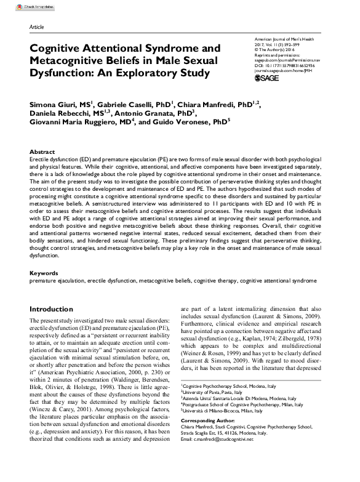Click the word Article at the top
(x=37, y=28)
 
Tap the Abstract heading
(x=42, y=151)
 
